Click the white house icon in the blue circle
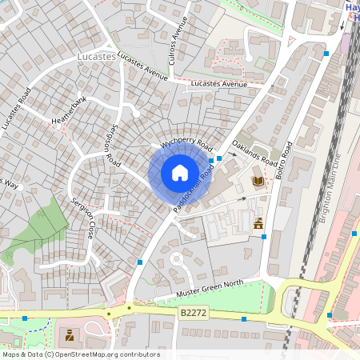click(180, 173)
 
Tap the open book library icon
click(258, 182)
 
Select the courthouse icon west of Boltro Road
click(258, 223)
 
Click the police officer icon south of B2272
click(70, 334)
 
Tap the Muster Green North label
click(210, 289)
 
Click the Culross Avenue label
click(177, 43)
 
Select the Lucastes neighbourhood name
click(97, 58)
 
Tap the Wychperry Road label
click(186, 142)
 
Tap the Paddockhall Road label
click(193, 192)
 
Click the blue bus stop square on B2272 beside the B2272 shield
click(243, 318)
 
